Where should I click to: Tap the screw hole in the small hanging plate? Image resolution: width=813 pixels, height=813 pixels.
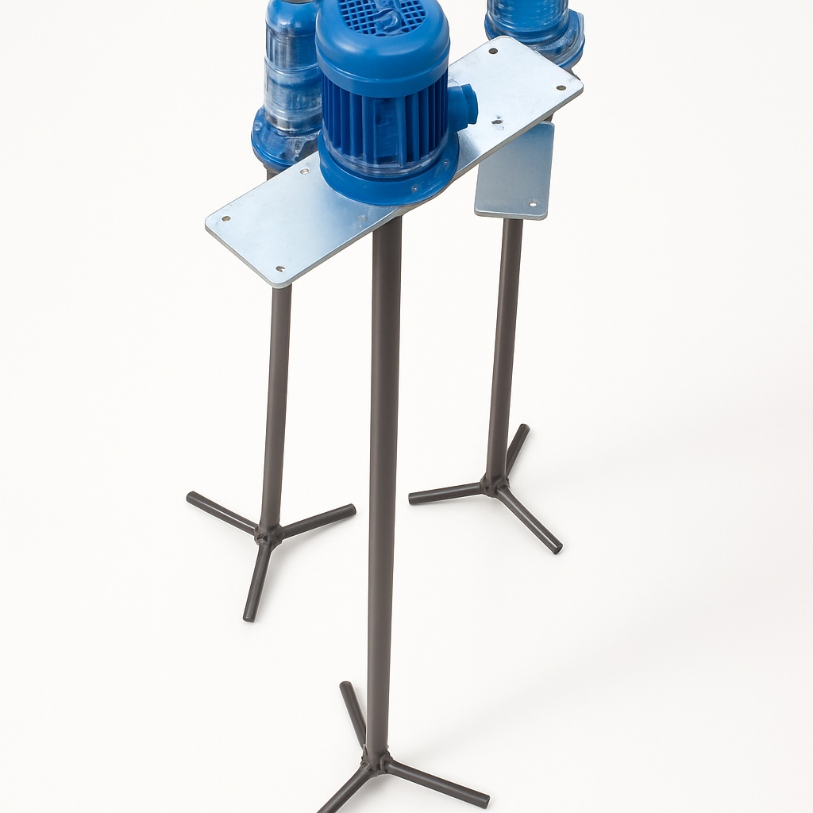[533, 205]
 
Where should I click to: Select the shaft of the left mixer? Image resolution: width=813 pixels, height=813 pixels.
[276, 397]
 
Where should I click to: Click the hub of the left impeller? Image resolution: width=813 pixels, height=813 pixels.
[268, 534]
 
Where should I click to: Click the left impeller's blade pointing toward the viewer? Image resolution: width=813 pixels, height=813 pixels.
[256, 584]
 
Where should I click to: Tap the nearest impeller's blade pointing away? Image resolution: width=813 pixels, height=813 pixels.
[353, 711]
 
